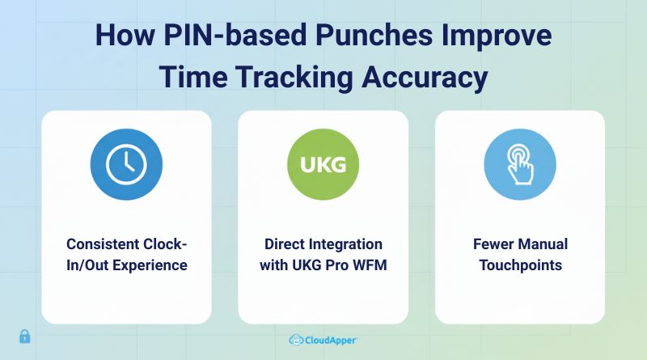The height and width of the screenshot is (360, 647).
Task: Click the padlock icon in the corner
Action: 24,336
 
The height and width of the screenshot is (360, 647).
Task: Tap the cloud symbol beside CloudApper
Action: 296,341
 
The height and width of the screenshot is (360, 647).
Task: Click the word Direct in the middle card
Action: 286,244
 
